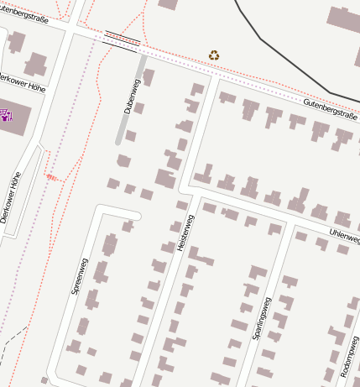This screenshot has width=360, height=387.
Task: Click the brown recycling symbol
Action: (x=214, y=55)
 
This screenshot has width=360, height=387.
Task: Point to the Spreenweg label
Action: (x=79, y=281)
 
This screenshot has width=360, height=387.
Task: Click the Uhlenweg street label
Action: (x=344, y=230)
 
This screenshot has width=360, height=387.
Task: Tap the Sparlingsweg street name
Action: (x=260, y=317)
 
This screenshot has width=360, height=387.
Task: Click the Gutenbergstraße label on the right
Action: (x=330, y=110)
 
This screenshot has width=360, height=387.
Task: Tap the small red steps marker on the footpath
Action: (x=51, y=176)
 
